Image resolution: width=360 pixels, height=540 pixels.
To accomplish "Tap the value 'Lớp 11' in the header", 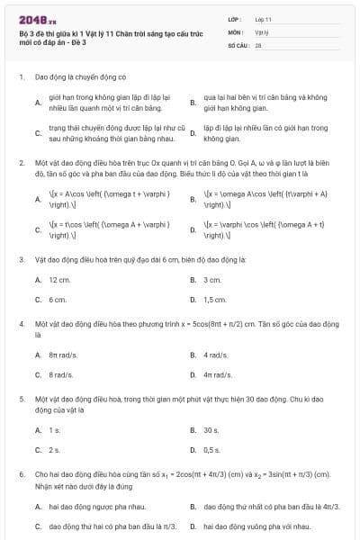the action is tap(264, 18).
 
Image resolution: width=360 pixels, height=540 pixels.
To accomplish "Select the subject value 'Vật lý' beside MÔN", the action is tap(261, 31).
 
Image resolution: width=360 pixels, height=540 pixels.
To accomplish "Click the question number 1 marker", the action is tap(20, 77).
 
